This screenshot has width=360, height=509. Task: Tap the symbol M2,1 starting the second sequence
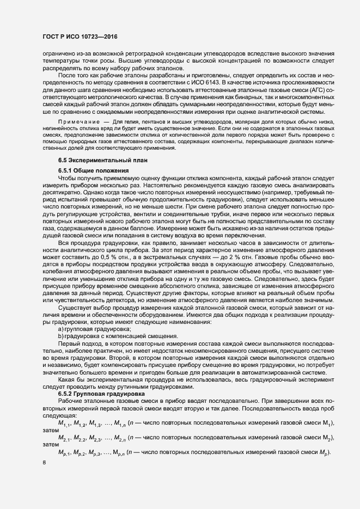(x=64, y=438)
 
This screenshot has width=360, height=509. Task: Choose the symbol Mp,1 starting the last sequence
(x=64, y=453)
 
